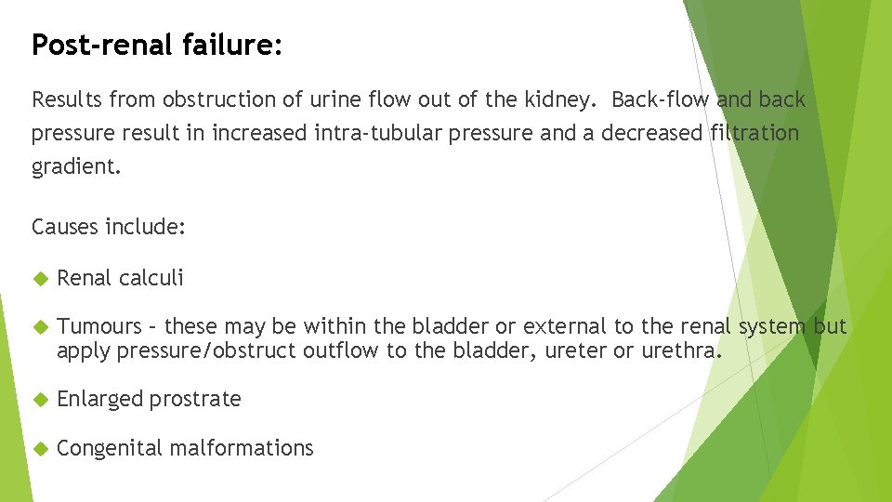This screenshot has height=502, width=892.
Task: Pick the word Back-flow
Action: (661, 99)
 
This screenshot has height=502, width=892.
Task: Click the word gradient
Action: (75, 167)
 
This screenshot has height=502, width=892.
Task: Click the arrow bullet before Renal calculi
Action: (40, 278)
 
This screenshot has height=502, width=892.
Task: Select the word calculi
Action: (151, 278)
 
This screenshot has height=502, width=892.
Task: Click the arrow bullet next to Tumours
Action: (40, 327)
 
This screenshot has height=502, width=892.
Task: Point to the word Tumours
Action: (99, 327)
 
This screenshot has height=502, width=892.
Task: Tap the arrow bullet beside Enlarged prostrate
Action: (40, 400)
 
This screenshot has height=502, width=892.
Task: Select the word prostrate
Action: (195, 400)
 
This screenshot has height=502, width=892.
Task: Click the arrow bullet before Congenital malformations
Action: (40, 448)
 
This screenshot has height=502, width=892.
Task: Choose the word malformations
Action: (242, 448)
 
